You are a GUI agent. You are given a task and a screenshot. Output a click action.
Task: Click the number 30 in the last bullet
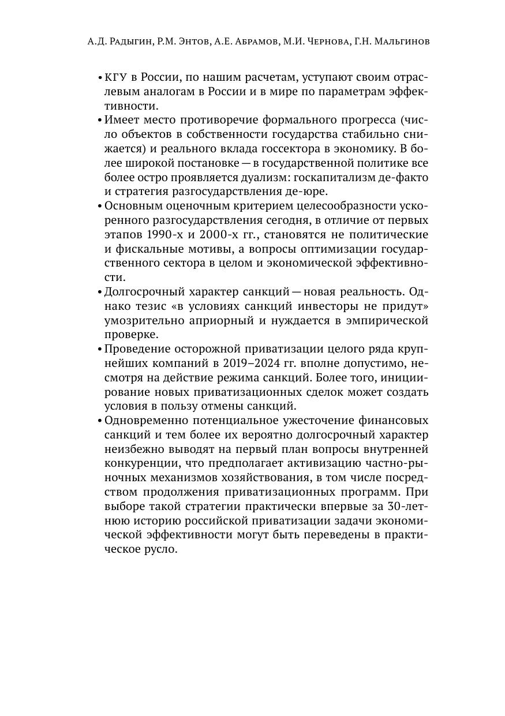394,506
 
